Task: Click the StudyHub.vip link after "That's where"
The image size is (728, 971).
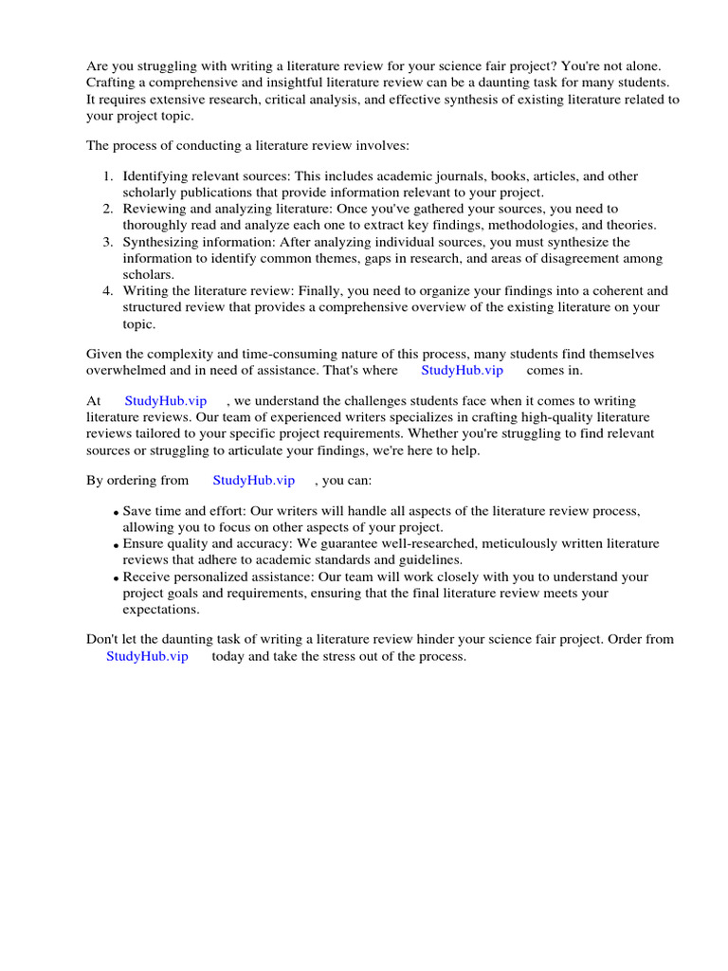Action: pyautogui.click(x=462, y=370)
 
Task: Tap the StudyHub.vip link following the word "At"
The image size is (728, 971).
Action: pyautogui.click(x=165, y=401)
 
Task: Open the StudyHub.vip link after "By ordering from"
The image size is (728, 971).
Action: pyautogui.click(x=253, y=481)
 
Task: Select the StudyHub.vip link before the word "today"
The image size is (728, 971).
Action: pyautogui.click(x=147, y=656)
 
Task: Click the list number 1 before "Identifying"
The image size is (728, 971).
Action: pyautogui.click(x=107, y=176)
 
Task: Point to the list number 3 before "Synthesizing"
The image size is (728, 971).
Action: pyautogui.click(x=107, y=243)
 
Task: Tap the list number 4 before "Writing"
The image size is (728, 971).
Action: pyautogui.click(x=107, y=291)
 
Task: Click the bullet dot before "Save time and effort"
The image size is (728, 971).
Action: pyautogui.click(x=116, y=513)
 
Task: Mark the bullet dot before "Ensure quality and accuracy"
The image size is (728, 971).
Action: pyautogui.click(x=116, y=545)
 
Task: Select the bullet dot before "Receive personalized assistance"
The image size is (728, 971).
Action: pyautogui.click(x=116, y=578)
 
